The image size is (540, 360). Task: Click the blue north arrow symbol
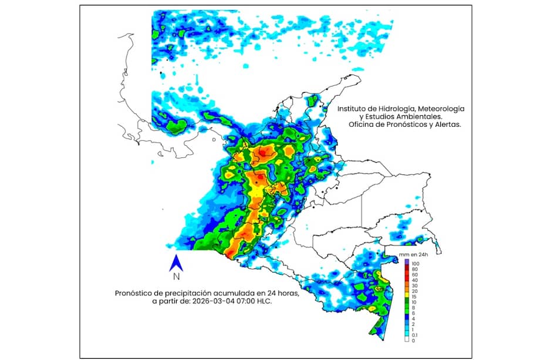pos(176,263)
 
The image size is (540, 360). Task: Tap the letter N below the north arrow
pos(176,277)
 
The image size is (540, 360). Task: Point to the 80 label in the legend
pos(414,268)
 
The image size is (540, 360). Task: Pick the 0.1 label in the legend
pos(414,334)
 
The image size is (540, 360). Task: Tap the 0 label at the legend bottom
pos(413,341)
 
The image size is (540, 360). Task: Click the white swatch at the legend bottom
pos(407,341)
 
